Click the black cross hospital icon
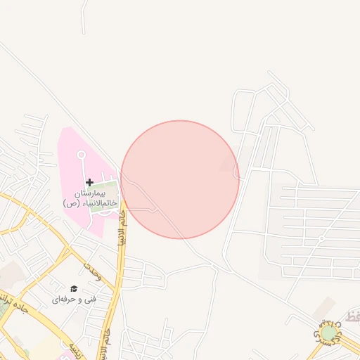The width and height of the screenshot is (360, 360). pos(89,182)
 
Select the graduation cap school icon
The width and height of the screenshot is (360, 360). pos(73,289)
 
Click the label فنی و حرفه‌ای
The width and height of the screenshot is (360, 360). pos(72,300)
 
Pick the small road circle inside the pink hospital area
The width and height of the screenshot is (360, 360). pos(81,154)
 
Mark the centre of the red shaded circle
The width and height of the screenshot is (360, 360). pos(180,179)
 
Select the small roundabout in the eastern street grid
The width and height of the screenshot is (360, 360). pos(321,239)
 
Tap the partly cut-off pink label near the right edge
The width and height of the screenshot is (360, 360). pos(351,319)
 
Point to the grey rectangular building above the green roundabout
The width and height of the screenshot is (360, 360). pos(324,307)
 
